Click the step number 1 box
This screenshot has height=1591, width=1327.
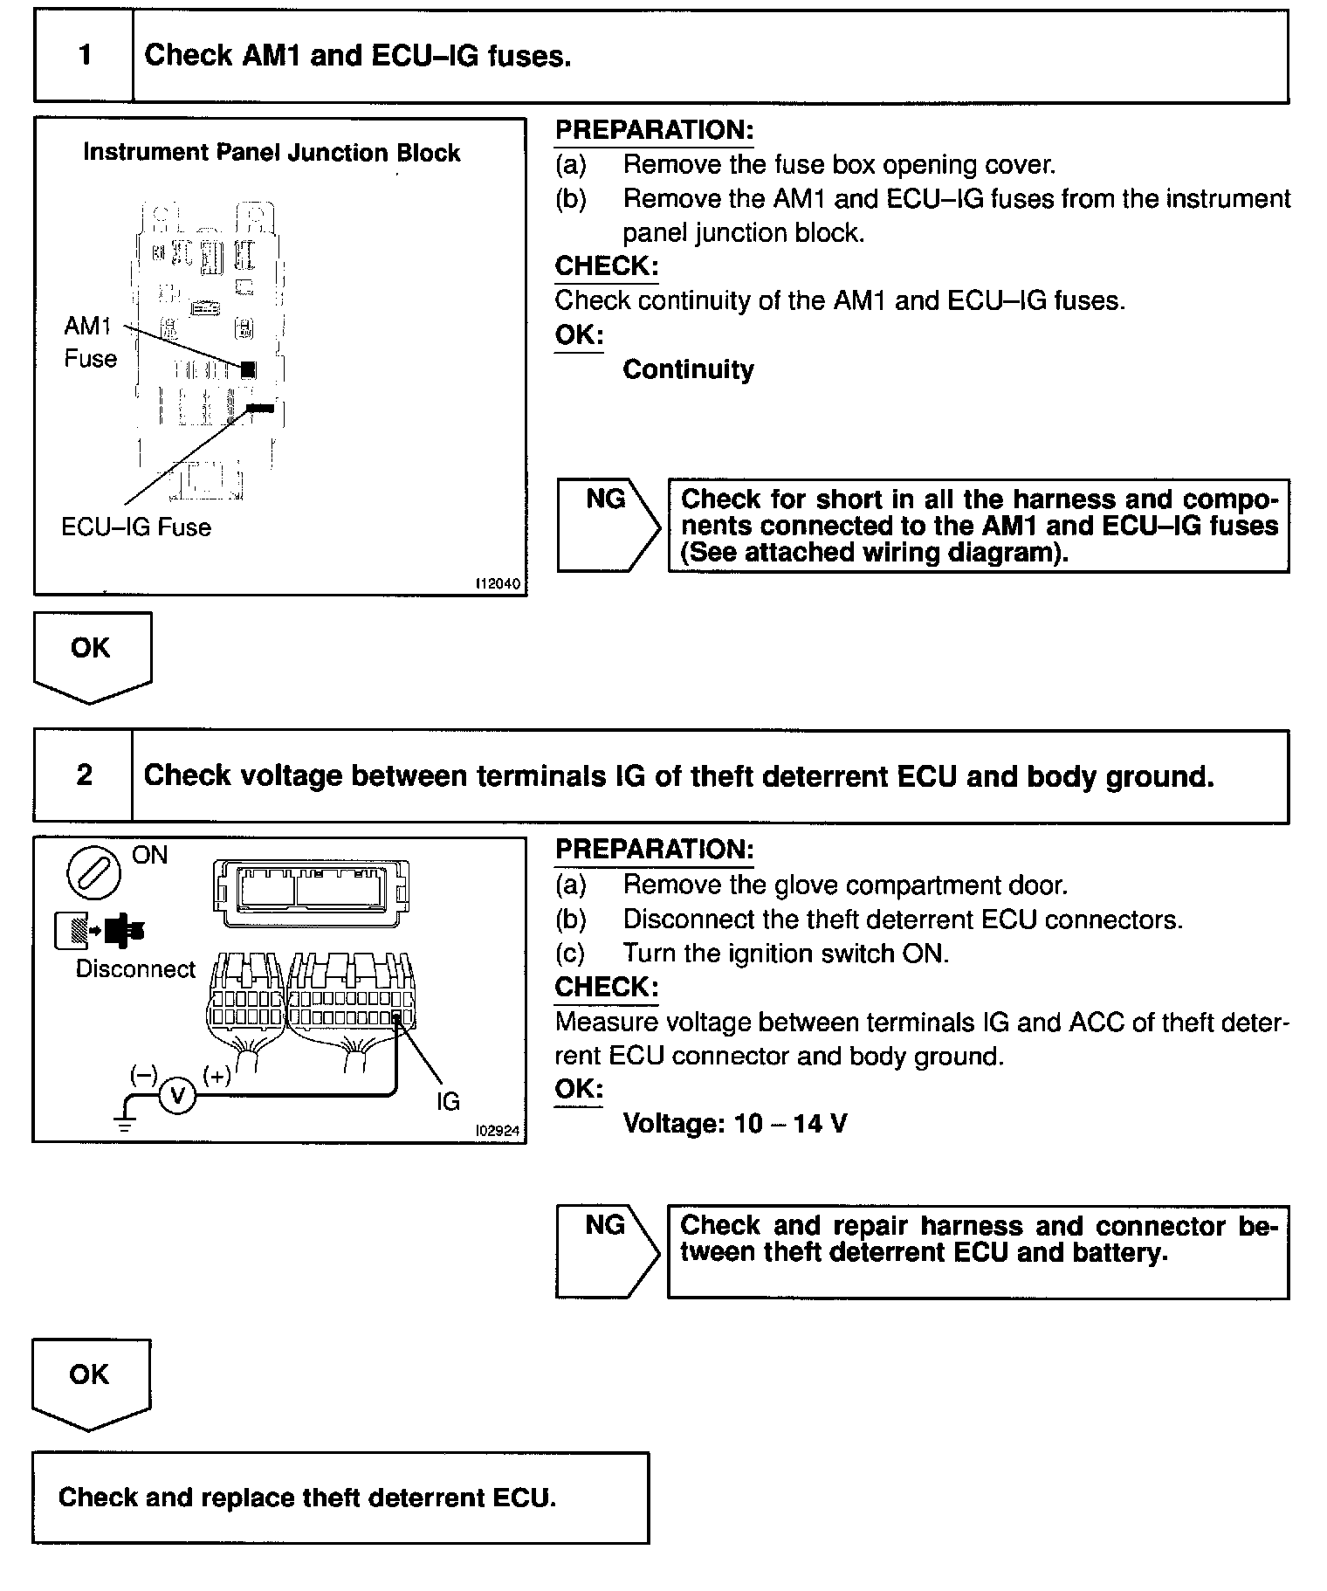(x=84, y=57)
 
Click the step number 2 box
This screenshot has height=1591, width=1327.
(x=84, y=776)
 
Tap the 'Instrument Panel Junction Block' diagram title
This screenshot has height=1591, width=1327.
(x=272, y=153)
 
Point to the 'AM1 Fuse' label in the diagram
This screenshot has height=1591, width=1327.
(x=90, y=342)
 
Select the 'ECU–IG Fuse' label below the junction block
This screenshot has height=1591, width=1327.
(x=136, y=527)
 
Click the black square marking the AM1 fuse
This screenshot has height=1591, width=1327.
(x=248, y=369)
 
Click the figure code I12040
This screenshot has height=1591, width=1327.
(x=498, y=583)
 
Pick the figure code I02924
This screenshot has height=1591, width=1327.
(x=497, y=1131)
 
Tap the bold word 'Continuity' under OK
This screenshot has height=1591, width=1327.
(x=688, y=369)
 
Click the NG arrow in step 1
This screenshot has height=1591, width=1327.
(x=608, y=525)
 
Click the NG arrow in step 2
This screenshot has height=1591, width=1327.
(x=608, y=1251)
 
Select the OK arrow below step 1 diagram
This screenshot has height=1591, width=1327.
(x=92, y=655)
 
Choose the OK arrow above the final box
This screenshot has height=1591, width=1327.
(x=91, y=1381)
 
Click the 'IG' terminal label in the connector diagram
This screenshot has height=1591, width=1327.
(x=448, y=1102)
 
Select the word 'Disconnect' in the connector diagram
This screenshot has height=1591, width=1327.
(x=135, y=970)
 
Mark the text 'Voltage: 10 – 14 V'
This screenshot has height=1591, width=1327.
(x=734, y=1123)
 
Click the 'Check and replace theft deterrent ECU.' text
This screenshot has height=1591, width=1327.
(x=306, y=1498)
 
